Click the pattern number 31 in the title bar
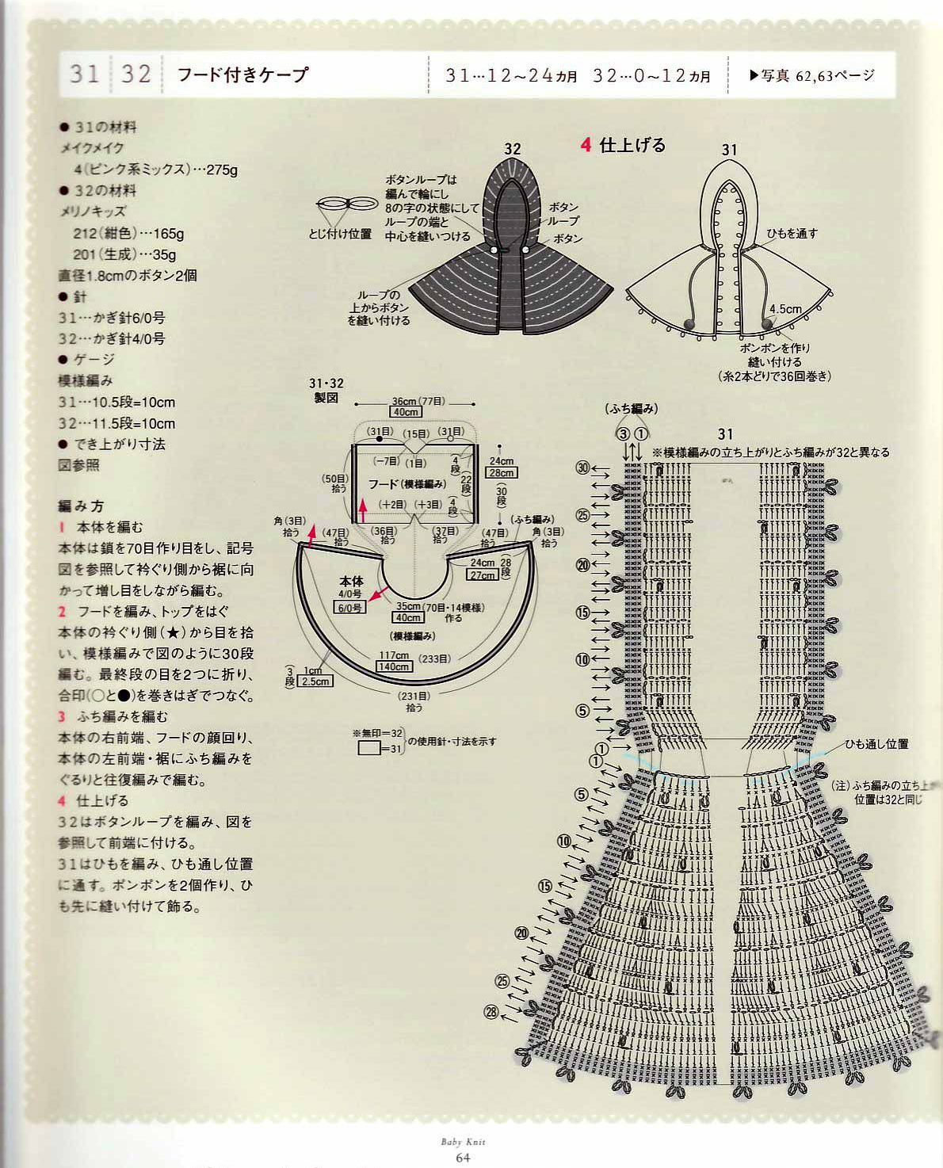(x=84, y=74)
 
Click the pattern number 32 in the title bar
(x=136, y=74)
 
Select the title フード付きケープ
(x=242, y=75)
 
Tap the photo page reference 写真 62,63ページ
(x=811, y=76)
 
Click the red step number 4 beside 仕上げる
(x=586, y=145)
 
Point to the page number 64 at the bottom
(x=463, y=1158)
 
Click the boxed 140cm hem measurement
(x=394, y=666)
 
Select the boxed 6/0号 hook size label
(x=350, y=608)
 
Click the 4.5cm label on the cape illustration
(x=785, y=308)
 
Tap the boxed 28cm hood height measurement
(x=502, y=473)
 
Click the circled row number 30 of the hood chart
(x=583, y=468)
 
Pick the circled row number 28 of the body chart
(x=491, y=1012)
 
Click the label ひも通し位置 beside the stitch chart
(x=876, y=744)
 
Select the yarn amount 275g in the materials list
(x=222, y=170)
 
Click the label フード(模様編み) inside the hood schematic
(x=405, y=483)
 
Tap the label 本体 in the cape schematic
(x=351, y=581)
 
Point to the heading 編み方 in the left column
(x=81, y=506)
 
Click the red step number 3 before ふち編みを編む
(x=61, y=716)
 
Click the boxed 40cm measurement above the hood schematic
(x=406, y=412)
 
